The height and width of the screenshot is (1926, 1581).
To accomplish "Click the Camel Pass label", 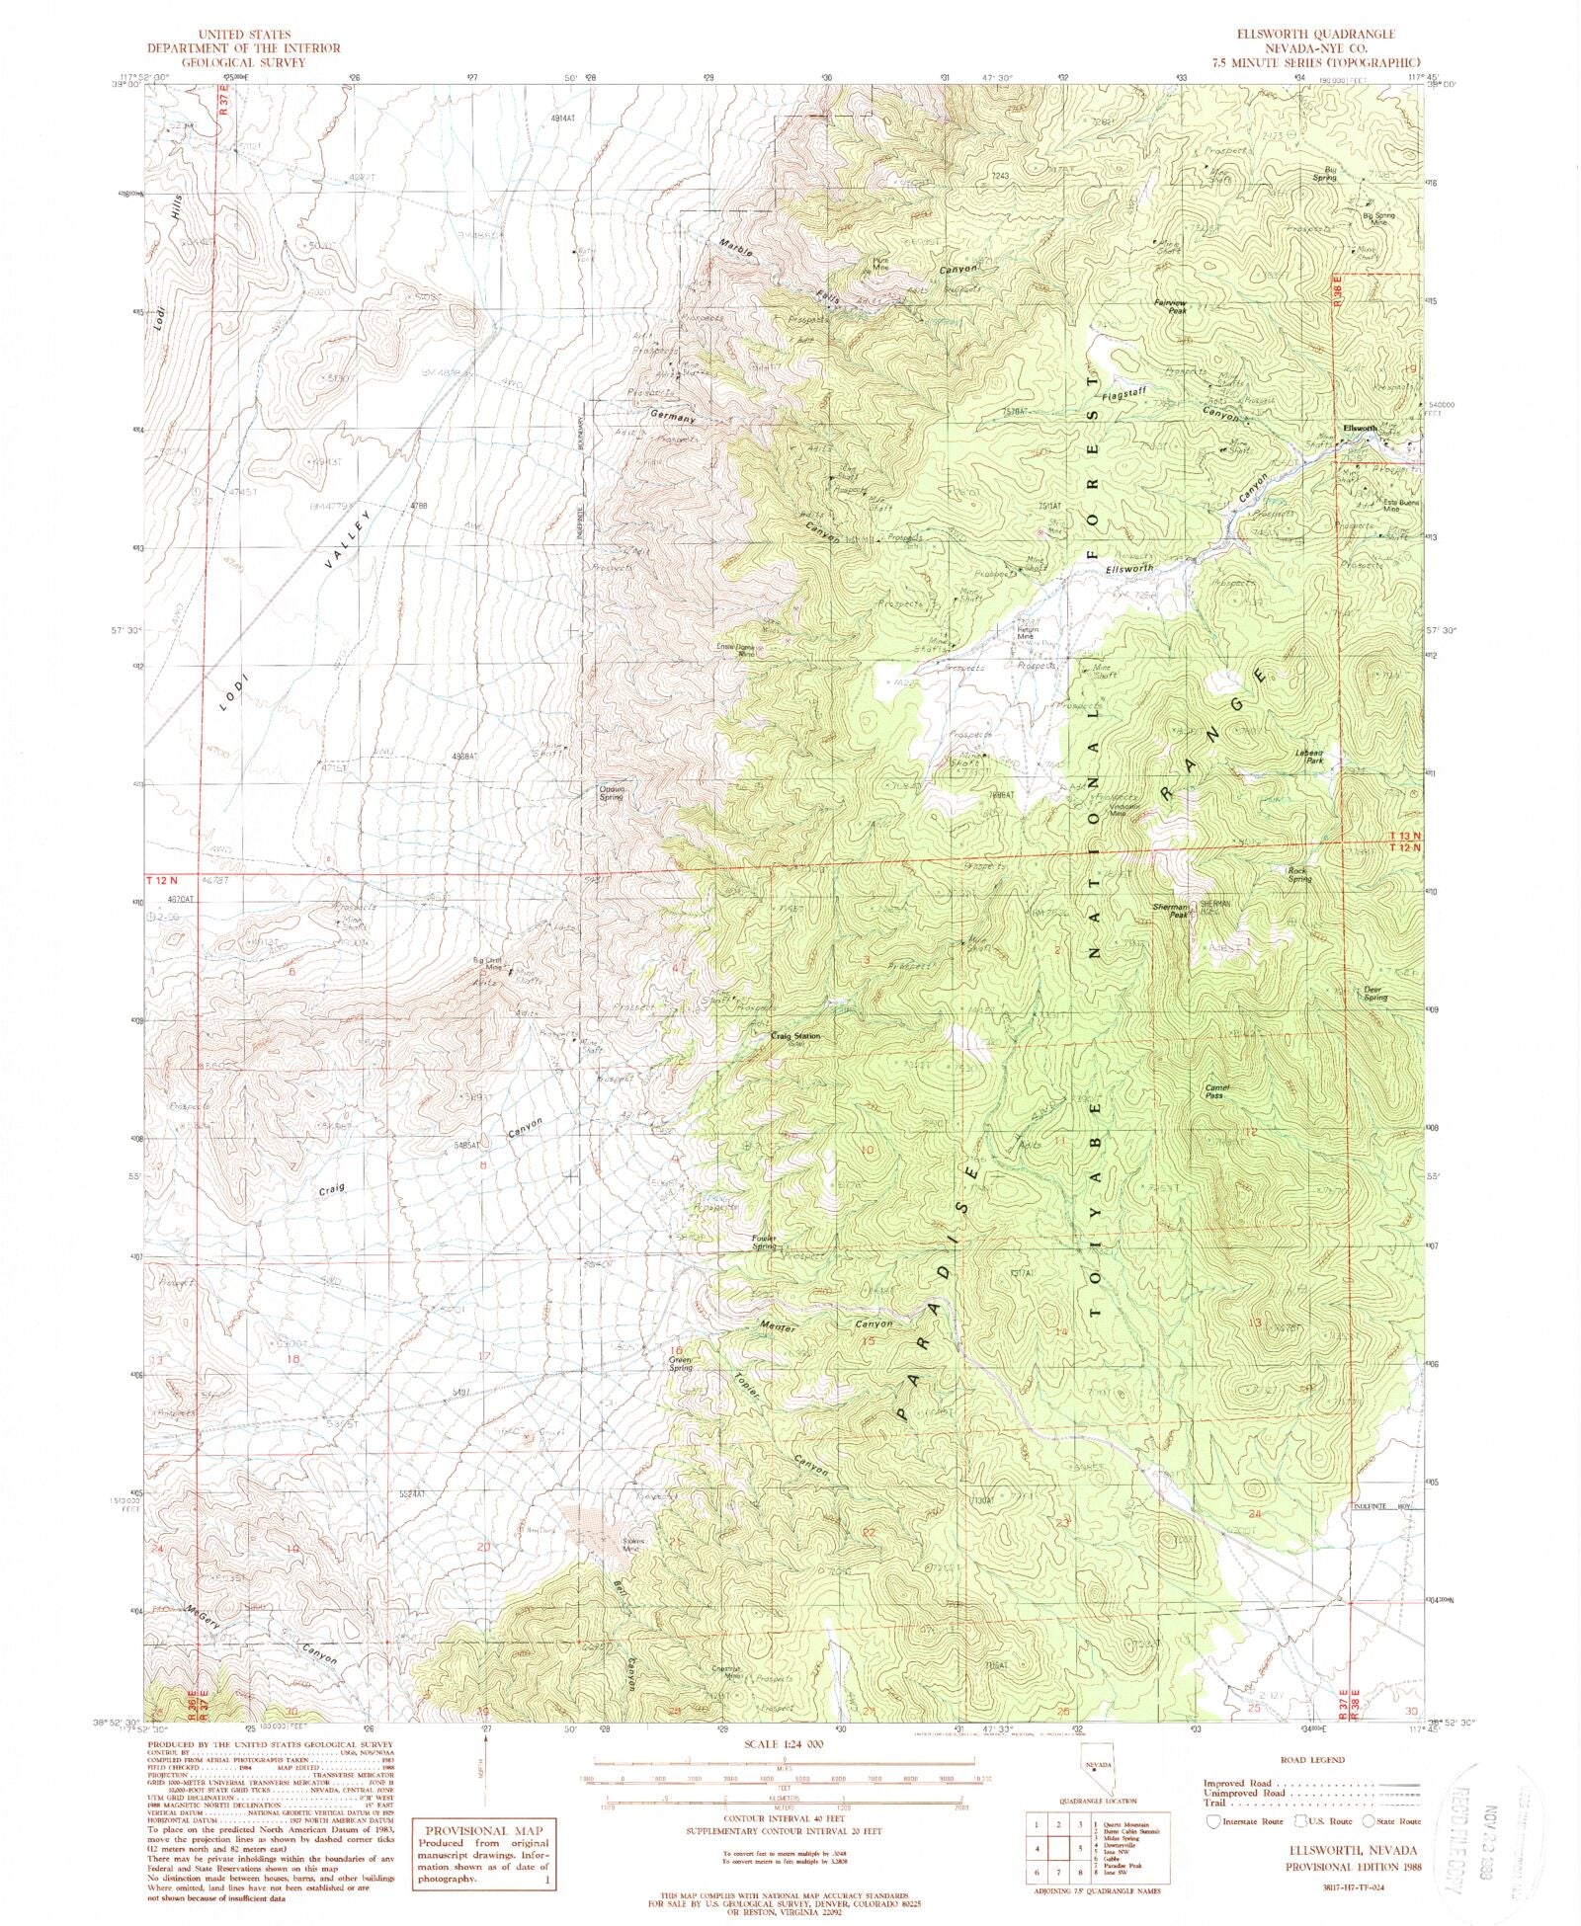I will click(1213, 1091).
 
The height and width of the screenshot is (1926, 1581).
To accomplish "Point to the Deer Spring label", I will click(1375, 995).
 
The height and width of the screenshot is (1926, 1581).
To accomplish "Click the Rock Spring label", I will click(1298, 874).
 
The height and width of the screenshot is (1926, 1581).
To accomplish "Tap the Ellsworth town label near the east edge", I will click(1360, 428).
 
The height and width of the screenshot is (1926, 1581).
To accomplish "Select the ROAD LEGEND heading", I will click(1310, 1759).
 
